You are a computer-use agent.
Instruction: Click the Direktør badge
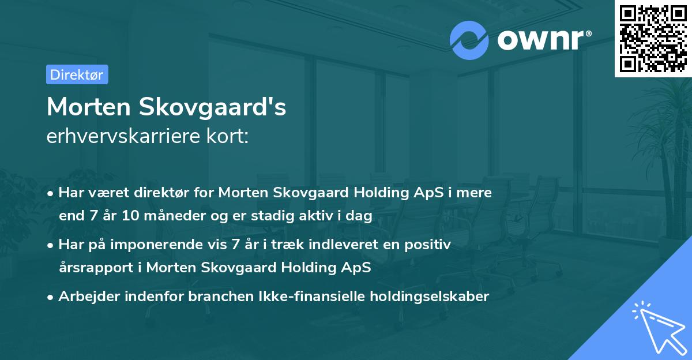pyautogui.click(x=77, y=74)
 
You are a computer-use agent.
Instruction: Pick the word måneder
pyautogui.click(x=174, y=216)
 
